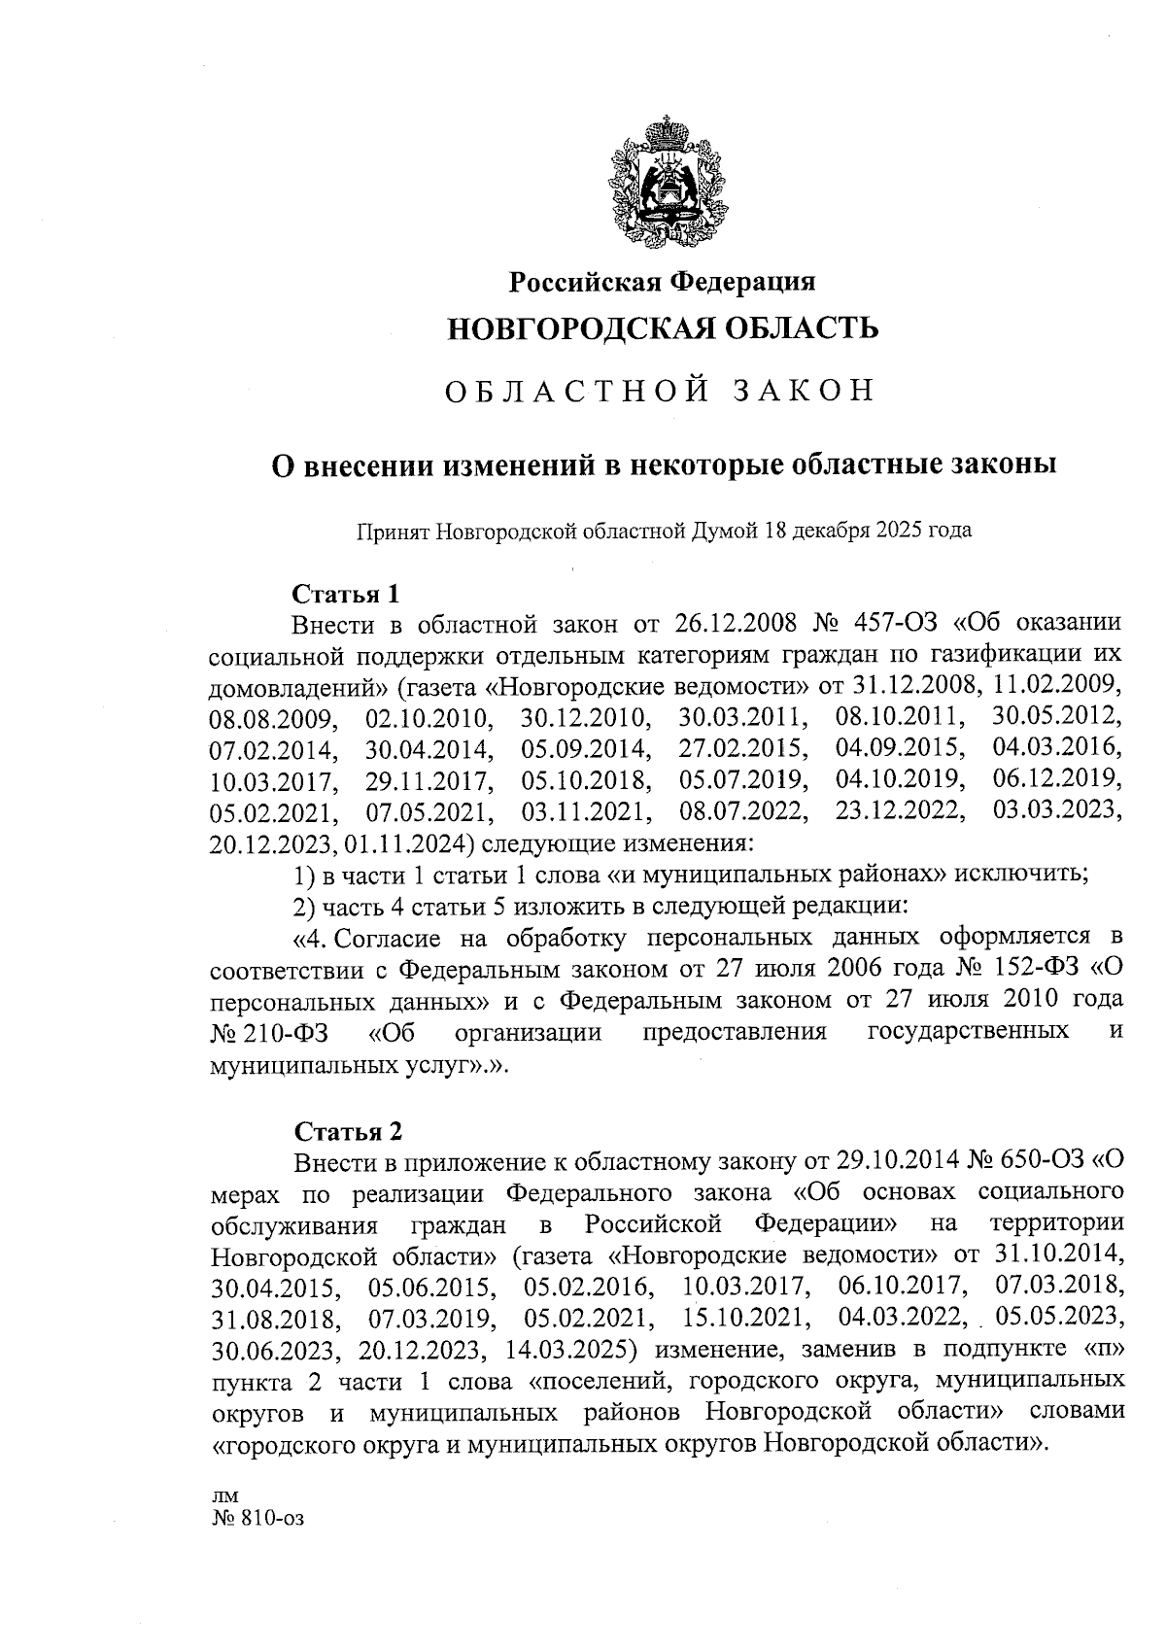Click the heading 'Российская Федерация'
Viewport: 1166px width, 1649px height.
[664, 282]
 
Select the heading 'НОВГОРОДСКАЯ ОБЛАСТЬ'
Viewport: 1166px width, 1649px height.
[664, 328]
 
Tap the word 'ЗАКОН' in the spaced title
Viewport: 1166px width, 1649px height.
[803, 391]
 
